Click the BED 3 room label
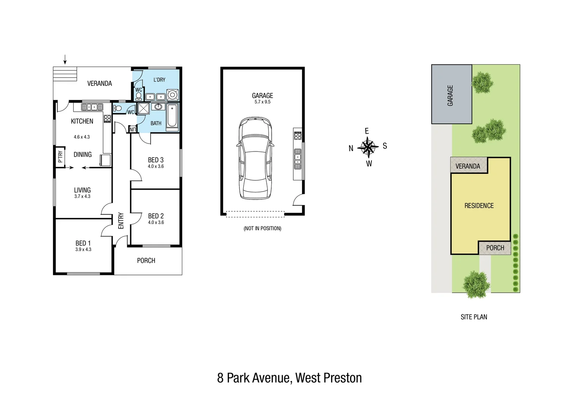(156, 160)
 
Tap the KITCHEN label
(82, 121)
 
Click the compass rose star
(368, 147)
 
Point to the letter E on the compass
(367, 131)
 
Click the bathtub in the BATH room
(172, 116)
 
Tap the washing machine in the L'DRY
(172, 95)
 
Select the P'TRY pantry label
(60, 157)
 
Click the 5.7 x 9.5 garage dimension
(263, 102)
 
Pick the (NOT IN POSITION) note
(263, 228)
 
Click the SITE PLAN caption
(474, 317)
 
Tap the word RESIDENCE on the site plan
(479, 206)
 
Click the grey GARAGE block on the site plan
(451, 95)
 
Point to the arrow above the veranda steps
(65, 59)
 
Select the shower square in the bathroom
(144, 108)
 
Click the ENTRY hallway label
(121, 220)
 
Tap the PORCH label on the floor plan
(146, 261)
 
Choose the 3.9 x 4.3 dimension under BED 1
(83, 250)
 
